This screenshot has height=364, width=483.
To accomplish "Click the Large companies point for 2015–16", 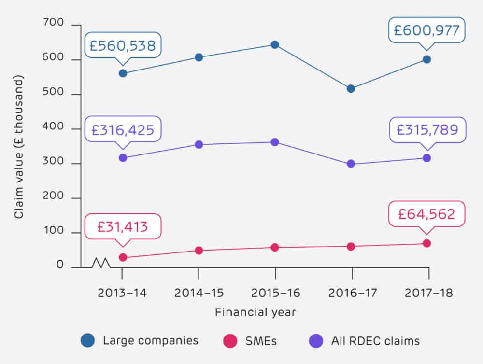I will (x=275, y=45).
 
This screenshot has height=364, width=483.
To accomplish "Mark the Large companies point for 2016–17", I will (x=351, y=89).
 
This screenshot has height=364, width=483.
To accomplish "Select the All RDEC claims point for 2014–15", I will (x=199, y=145).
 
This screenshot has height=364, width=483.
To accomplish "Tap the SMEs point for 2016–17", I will (x=351, y=247).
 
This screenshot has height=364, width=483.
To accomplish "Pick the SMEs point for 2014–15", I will (x=199, y=251).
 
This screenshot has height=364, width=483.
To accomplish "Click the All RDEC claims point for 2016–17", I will (x=351, y=164).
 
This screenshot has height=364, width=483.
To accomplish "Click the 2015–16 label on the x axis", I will (x=275, y=294).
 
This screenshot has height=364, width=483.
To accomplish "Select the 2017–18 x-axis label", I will (x=427, y=294).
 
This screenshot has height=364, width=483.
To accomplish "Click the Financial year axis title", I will (x=255, y=312).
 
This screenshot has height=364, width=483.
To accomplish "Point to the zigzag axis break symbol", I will (x=101, y=263).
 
